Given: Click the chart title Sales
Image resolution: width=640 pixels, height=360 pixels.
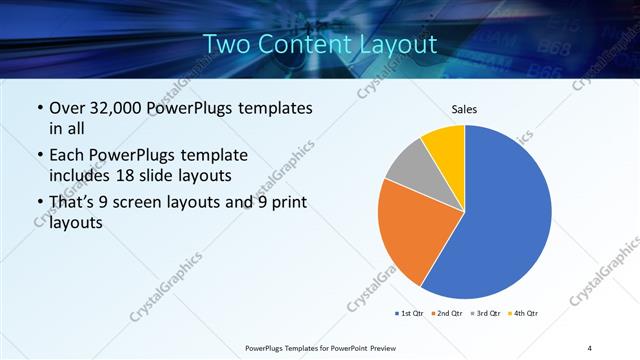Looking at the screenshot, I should (x=464, y=108).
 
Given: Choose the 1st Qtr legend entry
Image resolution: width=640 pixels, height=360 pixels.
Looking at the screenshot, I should (x=407, y=314).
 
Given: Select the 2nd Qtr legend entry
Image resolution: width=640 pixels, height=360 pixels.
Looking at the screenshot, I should (x=445, y=314).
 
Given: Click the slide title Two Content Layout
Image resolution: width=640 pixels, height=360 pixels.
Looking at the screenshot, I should (x=320, y=45).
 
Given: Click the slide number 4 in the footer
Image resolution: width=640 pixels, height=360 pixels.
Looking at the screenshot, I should (x=590, y=347).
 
